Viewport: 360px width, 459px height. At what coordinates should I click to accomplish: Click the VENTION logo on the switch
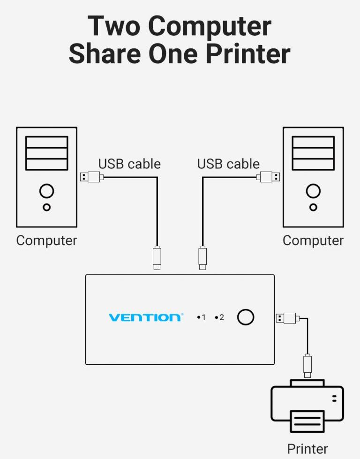point(146,317)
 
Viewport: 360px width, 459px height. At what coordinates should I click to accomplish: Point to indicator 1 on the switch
point(202,317)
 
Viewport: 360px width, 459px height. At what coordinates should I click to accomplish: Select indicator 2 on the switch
point(220,317)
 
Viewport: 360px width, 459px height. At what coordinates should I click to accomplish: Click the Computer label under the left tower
point(46,241)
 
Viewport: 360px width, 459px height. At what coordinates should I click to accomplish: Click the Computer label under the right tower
point(313,241)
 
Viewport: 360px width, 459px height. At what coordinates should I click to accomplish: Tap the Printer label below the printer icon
point(307,449)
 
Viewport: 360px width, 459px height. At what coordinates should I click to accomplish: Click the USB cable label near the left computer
point(129,164)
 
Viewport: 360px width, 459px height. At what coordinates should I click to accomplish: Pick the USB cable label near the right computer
point(228,164)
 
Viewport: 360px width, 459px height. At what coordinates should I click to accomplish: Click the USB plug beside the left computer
point(91,177)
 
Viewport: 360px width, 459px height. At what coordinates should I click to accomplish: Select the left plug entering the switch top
point(157,257)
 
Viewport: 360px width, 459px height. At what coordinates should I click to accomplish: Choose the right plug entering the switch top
point(202,257)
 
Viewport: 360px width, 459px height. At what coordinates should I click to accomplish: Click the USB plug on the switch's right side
point(286,318)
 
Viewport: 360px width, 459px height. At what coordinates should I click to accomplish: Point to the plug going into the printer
point(307,365)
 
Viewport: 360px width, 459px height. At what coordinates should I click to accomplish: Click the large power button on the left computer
point(46,191)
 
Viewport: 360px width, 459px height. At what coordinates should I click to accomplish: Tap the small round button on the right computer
point(313,207)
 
